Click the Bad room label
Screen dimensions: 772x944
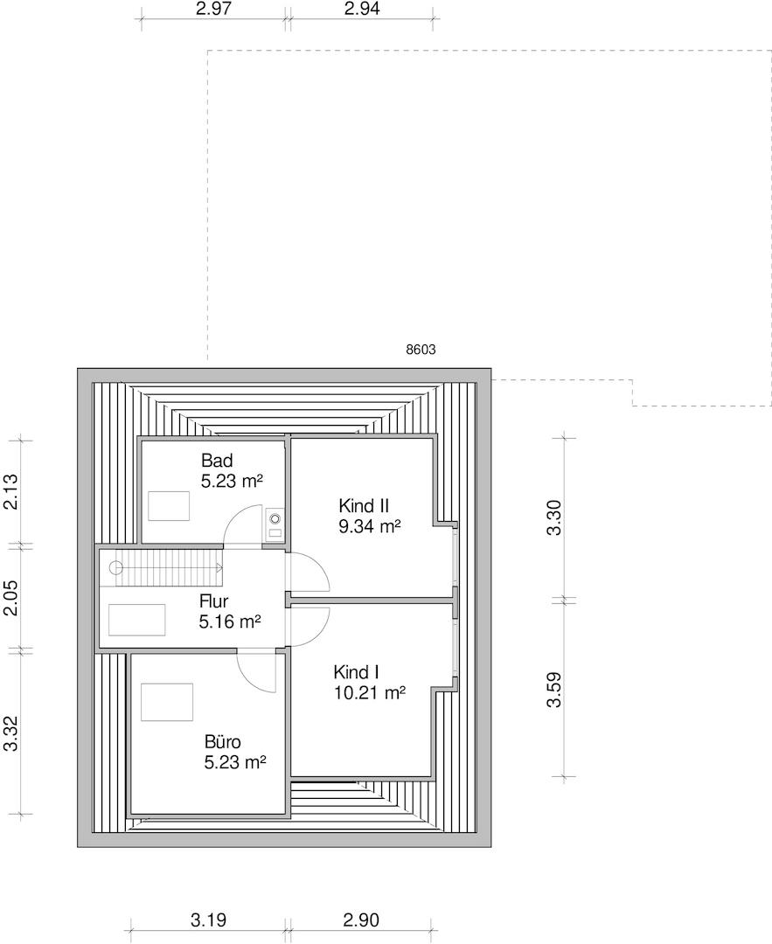tap(217, 462)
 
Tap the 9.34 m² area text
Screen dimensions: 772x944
tap(370, 527)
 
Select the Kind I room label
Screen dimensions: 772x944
tap(356, 672)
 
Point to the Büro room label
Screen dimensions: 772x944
tap(222, 742)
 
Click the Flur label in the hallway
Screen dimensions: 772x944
tap(214, 601)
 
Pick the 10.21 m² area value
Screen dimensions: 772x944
tap(370, 693)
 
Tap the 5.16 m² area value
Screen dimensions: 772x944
tap(230, 621)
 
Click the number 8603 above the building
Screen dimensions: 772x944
tap(421, 350)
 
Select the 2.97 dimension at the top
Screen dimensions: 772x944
tap(214, 9)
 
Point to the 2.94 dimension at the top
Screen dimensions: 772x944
tap(362, 9)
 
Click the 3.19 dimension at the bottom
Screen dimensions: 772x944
tap(208, 920)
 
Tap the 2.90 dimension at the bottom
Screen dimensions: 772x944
tap(361, 920)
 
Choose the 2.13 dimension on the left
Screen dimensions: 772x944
tap(10, 492)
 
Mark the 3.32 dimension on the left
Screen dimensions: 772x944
tap(10, 733)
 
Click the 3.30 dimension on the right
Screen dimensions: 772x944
tap(554, 517)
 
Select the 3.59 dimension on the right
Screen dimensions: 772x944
tap(554, 690)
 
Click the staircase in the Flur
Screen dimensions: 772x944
tap(169, 568)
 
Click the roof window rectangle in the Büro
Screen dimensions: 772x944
tap(167, 702)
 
